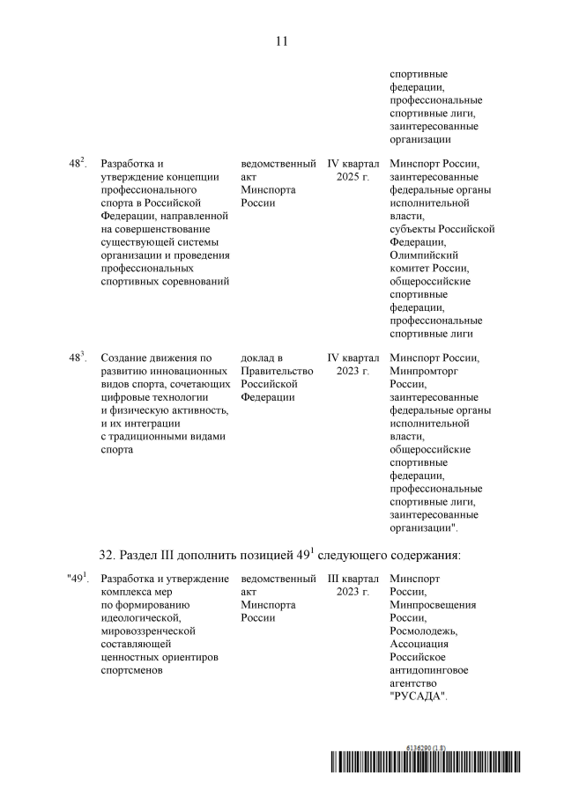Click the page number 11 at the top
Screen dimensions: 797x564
click(282, 41)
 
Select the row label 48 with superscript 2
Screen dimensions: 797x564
click(77, 163)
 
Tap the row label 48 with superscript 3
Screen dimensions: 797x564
click(77, 358)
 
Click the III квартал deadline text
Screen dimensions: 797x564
click(353, 579)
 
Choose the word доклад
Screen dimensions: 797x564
click(257, 358)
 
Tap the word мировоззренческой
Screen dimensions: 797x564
click(148, 631)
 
